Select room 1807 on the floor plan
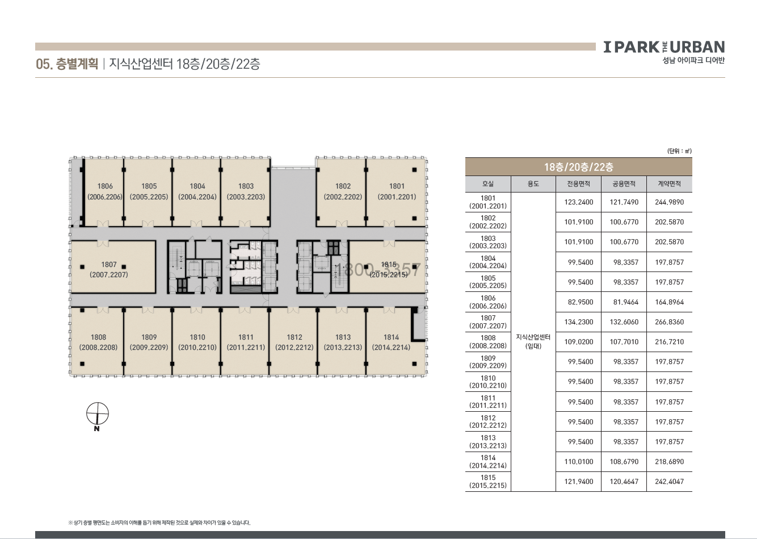(x=109, y=269)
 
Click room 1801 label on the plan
(x=397, y=191)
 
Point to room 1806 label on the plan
(x=105, y=191)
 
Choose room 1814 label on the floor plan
(x=391, y=342)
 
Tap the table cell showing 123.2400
(x=579, y=202)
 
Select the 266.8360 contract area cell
(x=669, y=322)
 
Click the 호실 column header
(x=487, y=184)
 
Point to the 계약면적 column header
(x=669, y=184)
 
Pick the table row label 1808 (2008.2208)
(x=487, y=342)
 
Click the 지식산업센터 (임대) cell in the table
(x=533, y=341)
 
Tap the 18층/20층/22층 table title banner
(x=579, y=167)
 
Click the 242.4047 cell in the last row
(x=669, y=482)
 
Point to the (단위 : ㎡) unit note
(x=679, y=151)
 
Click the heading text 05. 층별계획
(x=67, y=64)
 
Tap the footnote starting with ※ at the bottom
(x=159, y=523)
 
